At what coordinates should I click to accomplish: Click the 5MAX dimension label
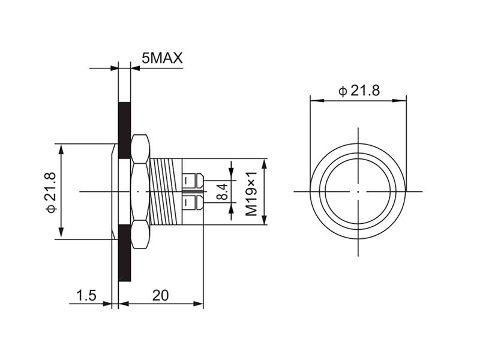162,58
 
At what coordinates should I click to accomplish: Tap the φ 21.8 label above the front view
358,91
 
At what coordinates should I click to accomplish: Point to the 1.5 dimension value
86,295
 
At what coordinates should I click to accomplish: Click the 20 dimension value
160,295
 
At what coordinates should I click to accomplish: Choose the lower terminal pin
193,203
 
